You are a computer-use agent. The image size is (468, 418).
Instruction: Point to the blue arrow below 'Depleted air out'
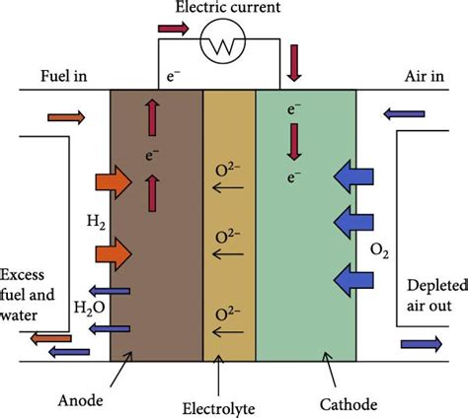[x=422, y=345]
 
